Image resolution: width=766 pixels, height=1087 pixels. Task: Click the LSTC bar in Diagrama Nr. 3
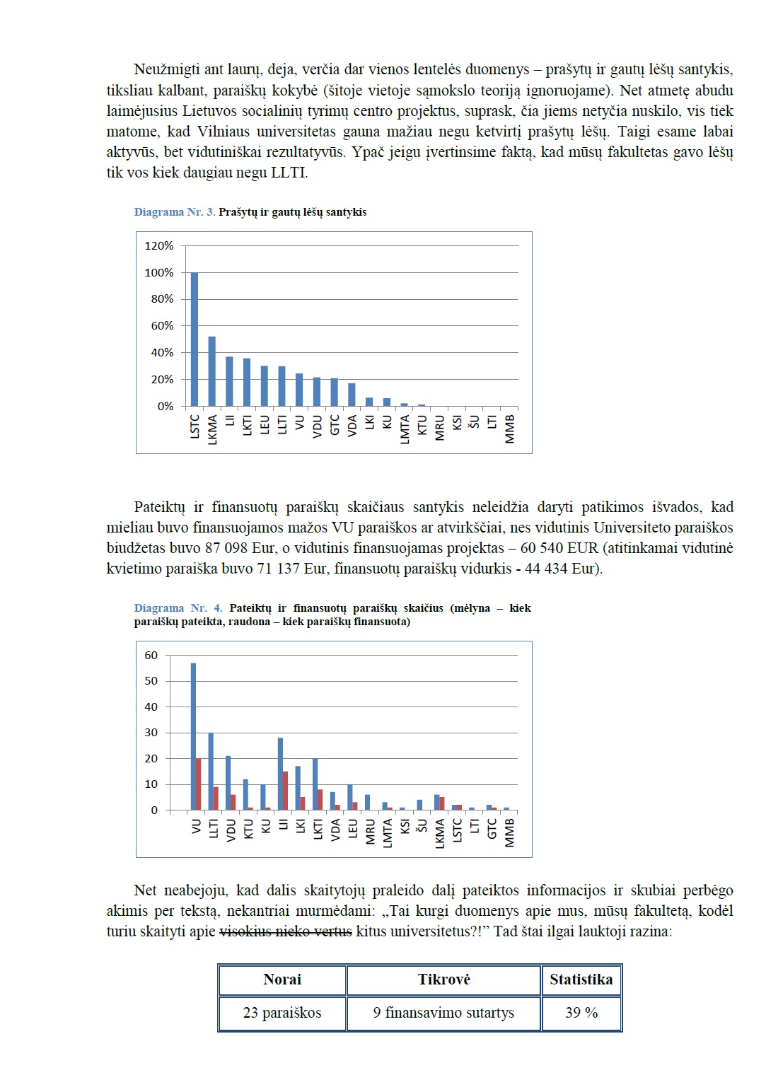click(195, 339)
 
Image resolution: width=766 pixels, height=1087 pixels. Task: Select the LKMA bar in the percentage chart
click(212, 371)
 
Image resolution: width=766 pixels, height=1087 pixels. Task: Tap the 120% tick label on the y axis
click(159, 246)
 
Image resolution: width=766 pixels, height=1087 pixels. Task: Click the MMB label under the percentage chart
click(510, 429)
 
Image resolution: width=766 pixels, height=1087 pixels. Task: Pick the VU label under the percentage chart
click(299, 422)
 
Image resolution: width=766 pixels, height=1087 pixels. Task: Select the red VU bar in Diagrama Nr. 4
click(199, 784)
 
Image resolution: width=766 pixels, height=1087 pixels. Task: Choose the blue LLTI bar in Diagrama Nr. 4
click(211, 771)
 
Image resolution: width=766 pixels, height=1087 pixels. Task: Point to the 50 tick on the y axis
click(151, 681)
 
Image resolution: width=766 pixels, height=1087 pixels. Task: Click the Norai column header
click(282, 980)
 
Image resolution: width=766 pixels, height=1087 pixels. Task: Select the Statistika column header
click(581, 980)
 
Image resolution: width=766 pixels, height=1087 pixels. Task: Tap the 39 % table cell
click(581, 1013)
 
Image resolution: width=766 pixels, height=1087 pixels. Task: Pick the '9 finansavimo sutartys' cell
click(443, 1013)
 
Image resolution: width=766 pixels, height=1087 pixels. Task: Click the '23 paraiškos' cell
click(282, 1013)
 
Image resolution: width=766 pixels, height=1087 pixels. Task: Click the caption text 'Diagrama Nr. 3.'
click(175, 212)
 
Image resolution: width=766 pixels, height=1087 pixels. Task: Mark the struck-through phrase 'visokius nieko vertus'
click(286, 931)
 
